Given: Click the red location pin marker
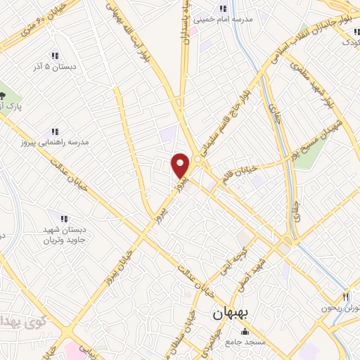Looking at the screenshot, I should point(181,165).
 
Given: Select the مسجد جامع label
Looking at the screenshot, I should point(261,341).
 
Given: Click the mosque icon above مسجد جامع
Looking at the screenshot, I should point(244,332).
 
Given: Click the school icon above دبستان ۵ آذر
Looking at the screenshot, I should point(54,56).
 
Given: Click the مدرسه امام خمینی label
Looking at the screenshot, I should point(226,20).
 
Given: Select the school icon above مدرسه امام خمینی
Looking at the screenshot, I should point(223,8).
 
